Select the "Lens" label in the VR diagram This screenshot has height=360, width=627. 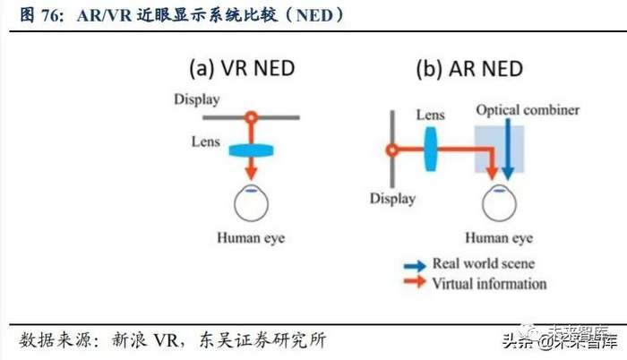tap(206, 141)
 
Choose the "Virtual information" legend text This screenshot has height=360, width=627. tap(488, 284)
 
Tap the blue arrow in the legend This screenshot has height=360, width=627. tap(413, 264)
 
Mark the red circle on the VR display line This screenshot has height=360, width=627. tap(251, 116)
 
